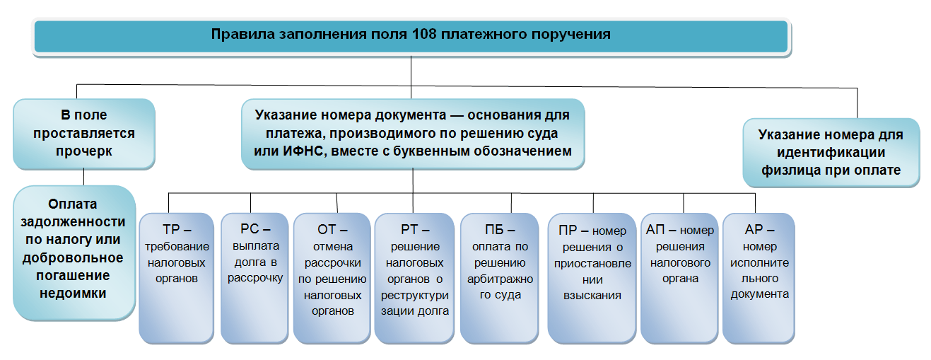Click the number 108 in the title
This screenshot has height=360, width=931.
[x=424, y=34]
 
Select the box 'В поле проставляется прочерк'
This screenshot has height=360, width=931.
[x=84, y=134]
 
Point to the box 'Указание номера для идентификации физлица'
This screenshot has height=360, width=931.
[x=831, y=153]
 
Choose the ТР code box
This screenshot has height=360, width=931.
[x=177, y=279]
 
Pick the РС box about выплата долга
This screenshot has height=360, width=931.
[x=254, y=279]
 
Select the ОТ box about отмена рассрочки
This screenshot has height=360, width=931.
[x=332, y=279]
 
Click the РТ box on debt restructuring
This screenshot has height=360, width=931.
[x=414, y=279]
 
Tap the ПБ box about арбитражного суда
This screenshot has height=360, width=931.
[x=500, y=279]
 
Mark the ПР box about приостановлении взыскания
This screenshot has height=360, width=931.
[x=592, y=279]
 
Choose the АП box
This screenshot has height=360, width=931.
[x=679, y=279]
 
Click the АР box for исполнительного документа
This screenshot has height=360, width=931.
[x=759, y=279]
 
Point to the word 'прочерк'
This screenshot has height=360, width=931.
[x=84, y=151]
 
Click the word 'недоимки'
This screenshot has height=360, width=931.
[x=73, y=293]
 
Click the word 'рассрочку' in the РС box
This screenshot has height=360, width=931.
[x=255, y=278]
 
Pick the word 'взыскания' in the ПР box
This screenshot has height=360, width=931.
[x=592, y=296]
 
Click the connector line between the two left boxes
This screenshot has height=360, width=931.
[x=83, y=177]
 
